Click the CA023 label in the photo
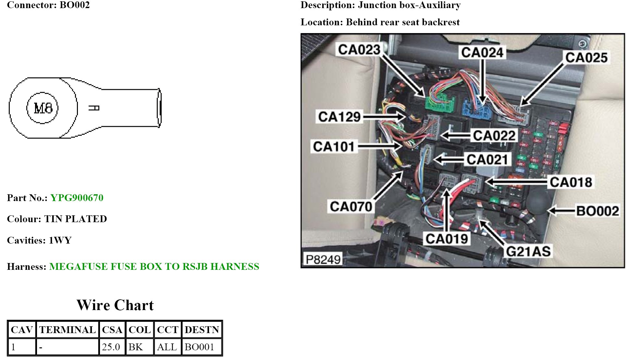[359, 50]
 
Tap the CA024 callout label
[482, 52]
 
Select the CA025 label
[586, 58]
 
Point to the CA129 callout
[339, 117]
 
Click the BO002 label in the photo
[597, 211]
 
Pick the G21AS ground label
[528, 251]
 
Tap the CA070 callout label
[351, 207]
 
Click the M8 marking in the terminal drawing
[43, 108]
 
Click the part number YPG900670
[77, 198]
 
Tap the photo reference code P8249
[323, 259]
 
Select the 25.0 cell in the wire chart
[111, 347]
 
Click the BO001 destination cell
[199, 347]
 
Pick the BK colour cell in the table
[136, 347]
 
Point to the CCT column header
[167, 330]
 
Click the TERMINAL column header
[68, 330]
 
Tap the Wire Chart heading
[115, 305]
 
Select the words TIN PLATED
[75, 219]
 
